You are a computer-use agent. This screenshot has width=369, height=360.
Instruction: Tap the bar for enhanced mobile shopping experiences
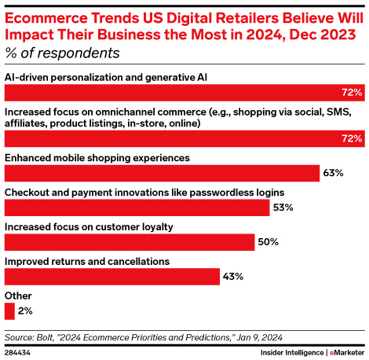[162, 173]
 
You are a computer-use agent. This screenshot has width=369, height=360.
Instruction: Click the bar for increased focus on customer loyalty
[130, 241]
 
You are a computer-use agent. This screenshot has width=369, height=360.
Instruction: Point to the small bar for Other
[9, 310]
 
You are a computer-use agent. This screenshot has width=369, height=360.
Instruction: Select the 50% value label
[269, 241]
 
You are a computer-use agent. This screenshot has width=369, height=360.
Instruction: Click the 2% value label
[25, 310]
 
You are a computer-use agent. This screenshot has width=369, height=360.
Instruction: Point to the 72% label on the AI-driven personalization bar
[351, 93]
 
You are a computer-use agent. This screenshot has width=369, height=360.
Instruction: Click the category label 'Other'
[19, 295]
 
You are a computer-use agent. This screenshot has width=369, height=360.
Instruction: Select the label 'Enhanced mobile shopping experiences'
[97, 157]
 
